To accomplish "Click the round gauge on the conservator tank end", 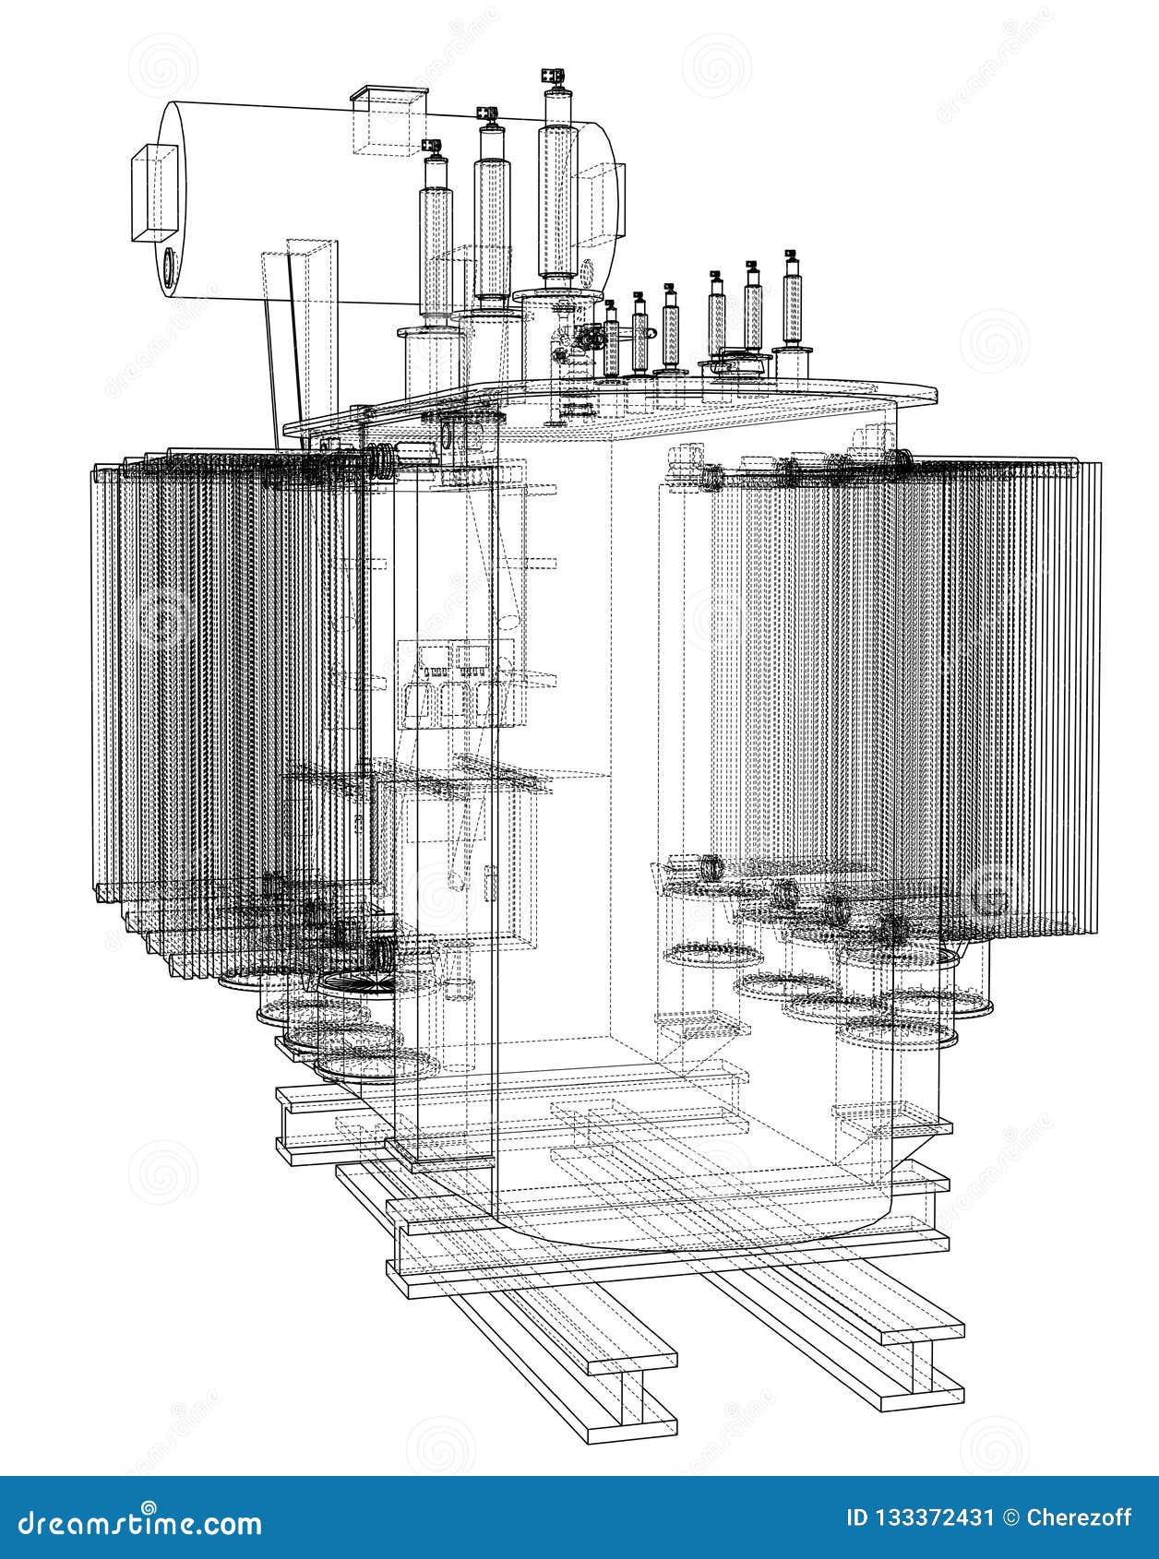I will pos(169,268).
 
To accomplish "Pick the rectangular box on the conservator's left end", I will pos(154,192).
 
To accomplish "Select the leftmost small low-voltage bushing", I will pos(611,341).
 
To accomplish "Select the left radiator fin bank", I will pos(231,673).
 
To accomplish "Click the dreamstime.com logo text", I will pos(133,1522).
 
